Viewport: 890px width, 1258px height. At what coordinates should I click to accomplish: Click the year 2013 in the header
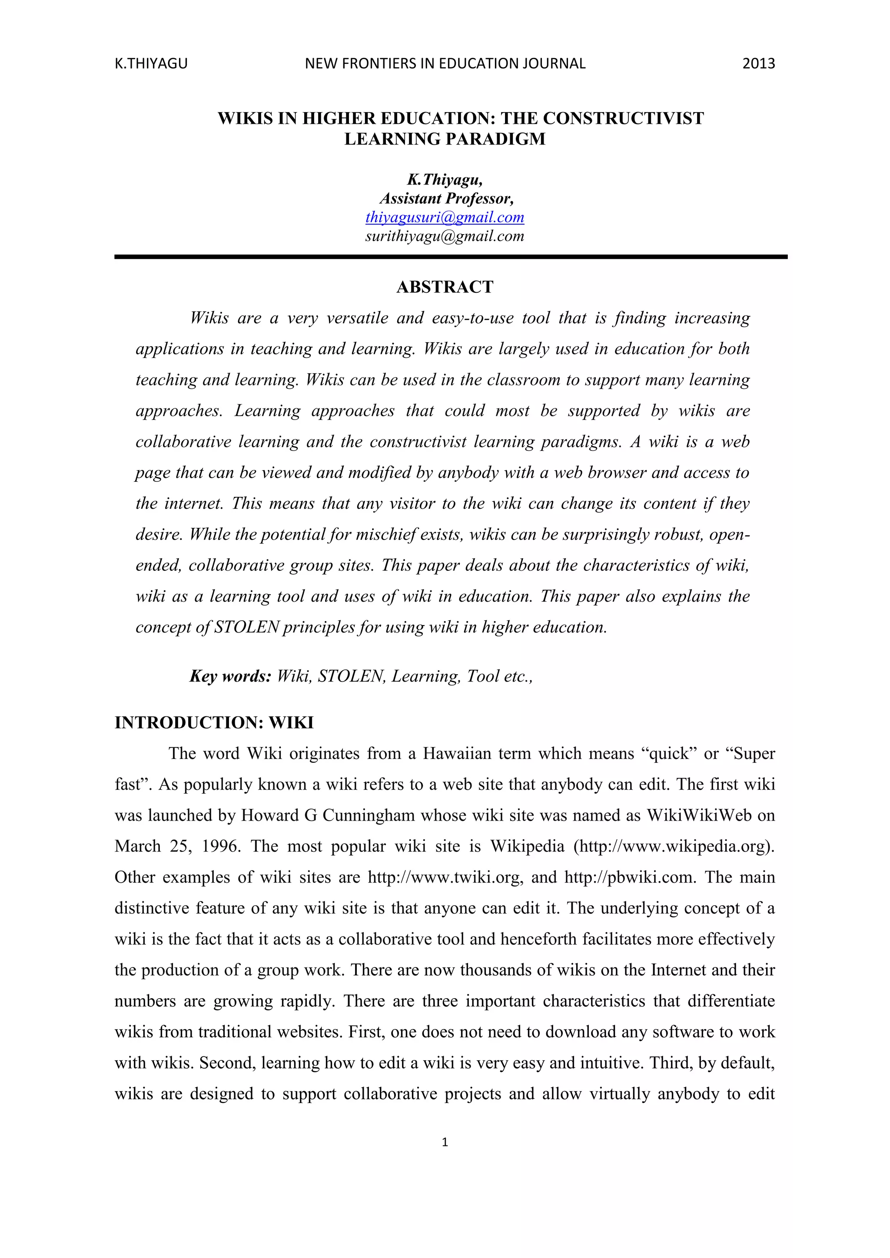(x=758, y=63)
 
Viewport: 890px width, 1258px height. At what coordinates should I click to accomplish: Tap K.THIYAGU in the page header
(x=151, y=63)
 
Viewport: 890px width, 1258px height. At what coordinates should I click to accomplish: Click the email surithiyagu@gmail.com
(x=445, y=236)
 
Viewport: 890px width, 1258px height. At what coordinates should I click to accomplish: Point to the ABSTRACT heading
(x=445, y=287)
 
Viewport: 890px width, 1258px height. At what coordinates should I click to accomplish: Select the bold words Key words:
(x=230, y=676)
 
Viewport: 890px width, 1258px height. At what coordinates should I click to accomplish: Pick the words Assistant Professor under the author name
(x=446, y=199)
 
